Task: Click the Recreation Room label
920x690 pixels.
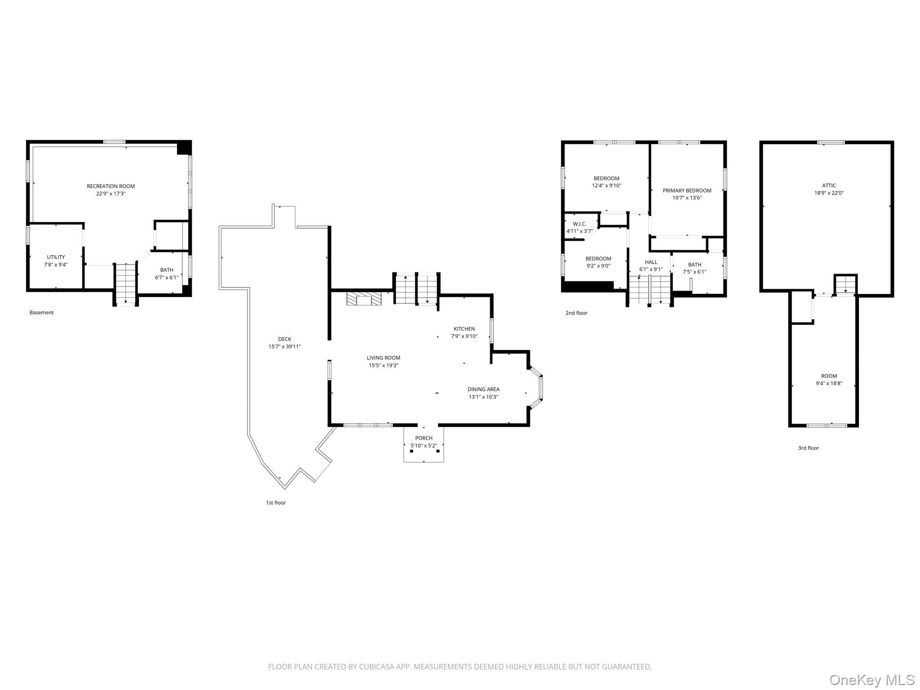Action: pyautogui.click(x=111, y=186)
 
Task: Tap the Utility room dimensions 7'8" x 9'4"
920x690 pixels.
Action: pyautogui.click(x=56, y=265)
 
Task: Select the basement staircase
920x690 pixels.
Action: pyautogui.click(x=125, y=283)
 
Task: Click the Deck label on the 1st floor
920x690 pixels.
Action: pyautogui.click(x=284, y=339)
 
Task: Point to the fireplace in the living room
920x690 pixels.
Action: pyautogui.click(x=364, y=299)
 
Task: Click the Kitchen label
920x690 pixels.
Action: pyautogui.click(x=464, y=329)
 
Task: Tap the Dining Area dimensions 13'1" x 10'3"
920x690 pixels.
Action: pyautogui.click(x=483, y=397)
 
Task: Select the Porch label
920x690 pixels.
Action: pyautogui.click(x=424, y=438)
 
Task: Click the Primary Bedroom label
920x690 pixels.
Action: pyautogui.click(x=687, y=190)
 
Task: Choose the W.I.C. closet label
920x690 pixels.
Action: pyautogui.click(x=579, y=224)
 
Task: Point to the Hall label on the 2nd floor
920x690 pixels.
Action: pyautogui.click(x=651, y=262)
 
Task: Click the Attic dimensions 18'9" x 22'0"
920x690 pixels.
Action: pyautogui.click(x=829, y=193)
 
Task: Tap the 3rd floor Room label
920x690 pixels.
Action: pyautogui.click(x=829, y=376)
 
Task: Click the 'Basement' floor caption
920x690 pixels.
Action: pyautogui.click(x=41, y=312)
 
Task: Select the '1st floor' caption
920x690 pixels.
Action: pyautogui.click(x=275, y=503)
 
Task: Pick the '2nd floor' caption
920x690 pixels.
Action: pyautogui.click(x=576, y=313)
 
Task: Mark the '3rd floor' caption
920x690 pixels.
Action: pyautogui.click(x=808, y=448)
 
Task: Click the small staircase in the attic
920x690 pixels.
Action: pyautogui.click(x=845, y=284)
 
